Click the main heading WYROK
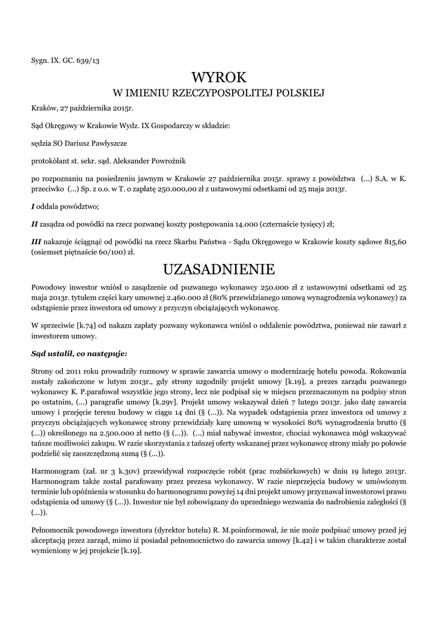pyautogui.click(x=219, y=77)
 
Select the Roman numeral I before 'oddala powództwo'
pyautogui.click(x=33, y=206)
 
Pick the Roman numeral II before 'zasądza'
pyautogui.click(x=34, y=224)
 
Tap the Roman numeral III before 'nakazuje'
pyautogui.click(x=36, y=242)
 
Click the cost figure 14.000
pyautogui.click(x=244, y=224)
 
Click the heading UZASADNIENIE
pyautogui.click(x=219, y=268)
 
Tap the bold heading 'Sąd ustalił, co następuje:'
pyautogui.click(x=80, y=353)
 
